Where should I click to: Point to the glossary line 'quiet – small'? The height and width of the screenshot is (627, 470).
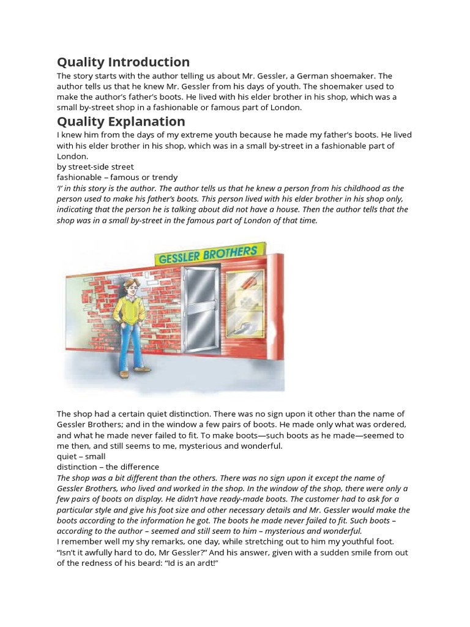tap(81, 456)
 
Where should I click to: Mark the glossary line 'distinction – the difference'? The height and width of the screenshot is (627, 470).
tap(108, 467)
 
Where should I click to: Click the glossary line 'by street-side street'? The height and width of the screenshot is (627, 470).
tap(95, 167)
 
